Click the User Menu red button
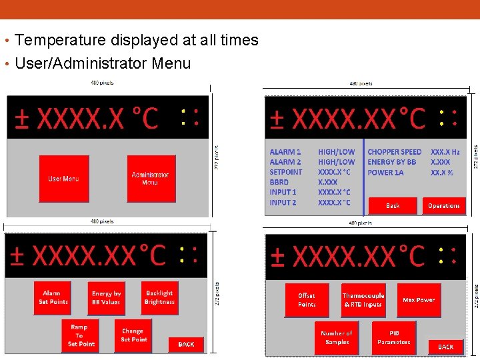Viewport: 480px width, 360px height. [x=64, y=179]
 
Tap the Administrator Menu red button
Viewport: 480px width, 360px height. [x=151, y=179]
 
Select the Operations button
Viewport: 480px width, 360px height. [x=443, y=206]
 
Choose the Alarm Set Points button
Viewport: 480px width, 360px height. [x=52, y=298]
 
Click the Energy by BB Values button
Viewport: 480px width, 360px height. [x=107, y=298]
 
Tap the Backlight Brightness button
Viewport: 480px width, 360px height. [x=159, y=297]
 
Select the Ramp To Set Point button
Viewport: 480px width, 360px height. [x=81, y=335]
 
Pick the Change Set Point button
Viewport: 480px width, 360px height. [x=133, y=335]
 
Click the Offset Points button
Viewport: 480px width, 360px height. [x=307, y=300]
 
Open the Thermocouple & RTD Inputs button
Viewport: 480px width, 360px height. [x=363, y=300]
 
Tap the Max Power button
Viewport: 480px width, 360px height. [x=418, y=300]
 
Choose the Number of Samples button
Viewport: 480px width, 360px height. [x=337, y=337]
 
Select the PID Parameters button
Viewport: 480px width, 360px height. [x=393, y=337]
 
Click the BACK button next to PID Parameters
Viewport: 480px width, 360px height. [x=445, y=347]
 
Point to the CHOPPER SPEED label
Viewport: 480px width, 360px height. [x=394, y=152]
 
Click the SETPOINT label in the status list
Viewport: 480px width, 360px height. [x=286, y=172]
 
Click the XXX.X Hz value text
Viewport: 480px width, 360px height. [x=445, y=152]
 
